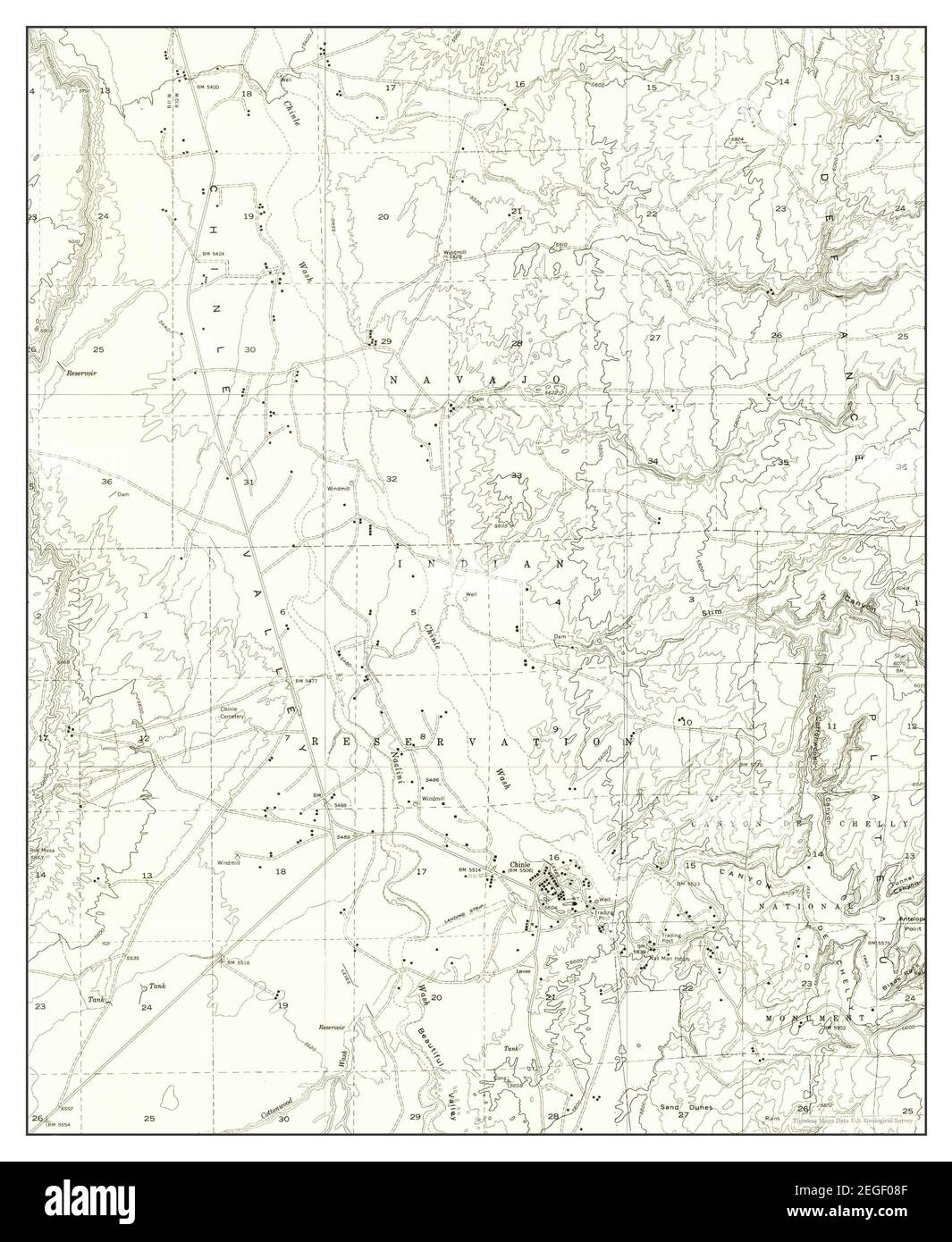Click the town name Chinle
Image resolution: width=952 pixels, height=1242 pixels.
pyautogui.click(x=519, y=864)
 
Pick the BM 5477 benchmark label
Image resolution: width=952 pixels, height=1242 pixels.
pyautogui.click(x=306, y=682)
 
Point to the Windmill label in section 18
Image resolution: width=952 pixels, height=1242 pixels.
pyautogui.click(x=228, y=863)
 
